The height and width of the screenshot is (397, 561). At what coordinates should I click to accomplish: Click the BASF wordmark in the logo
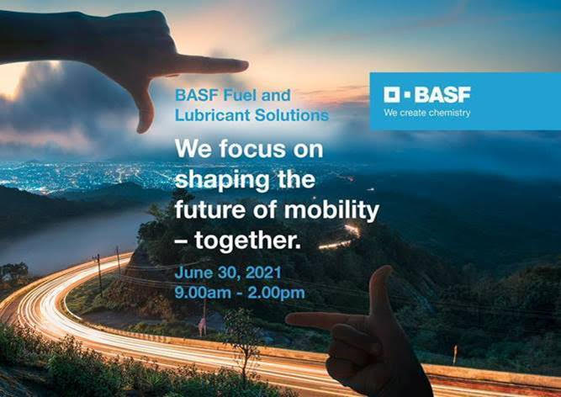coord(442,95)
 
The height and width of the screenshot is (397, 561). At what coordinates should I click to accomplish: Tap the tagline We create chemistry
coord(426,113)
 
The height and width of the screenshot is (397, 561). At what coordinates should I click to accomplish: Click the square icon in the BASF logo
coord(392,95)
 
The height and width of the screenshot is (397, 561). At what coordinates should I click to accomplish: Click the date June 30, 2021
coord(228,273)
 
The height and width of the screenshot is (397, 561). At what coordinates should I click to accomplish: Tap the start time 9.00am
coord(203,293)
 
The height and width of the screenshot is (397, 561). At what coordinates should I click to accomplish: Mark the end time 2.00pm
coord(276,294)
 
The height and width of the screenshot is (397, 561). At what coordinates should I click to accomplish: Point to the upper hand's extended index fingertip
coord(246,66)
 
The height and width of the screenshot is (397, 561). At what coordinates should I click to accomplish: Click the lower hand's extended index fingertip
coord(288,318)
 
